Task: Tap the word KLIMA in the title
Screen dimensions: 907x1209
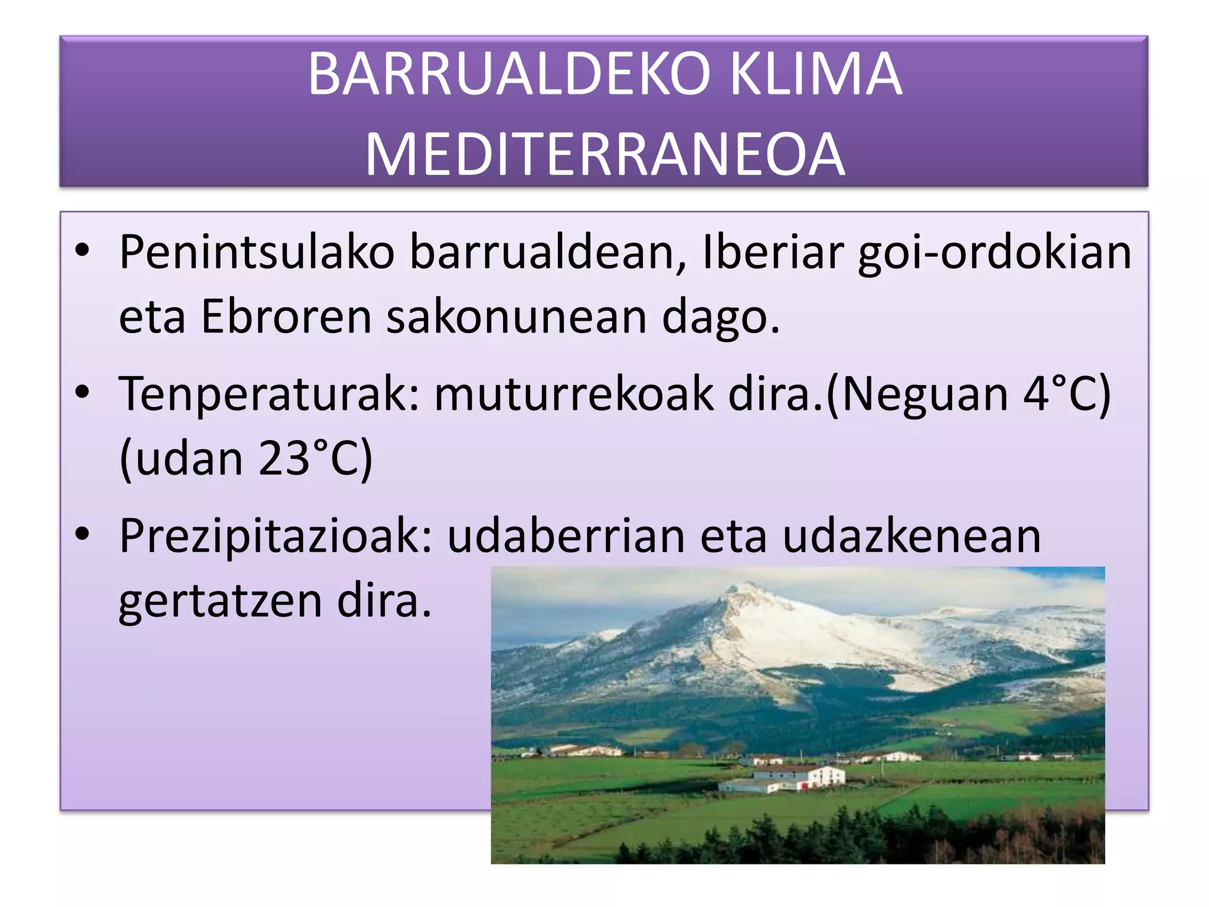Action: [816, 74]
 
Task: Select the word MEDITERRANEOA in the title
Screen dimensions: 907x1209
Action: [605, 155]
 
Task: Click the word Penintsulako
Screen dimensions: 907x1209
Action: [257, 253]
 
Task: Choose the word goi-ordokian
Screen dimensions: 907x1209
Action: [995, 253]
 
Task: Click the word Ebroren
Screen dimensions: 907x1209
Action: [287, 317]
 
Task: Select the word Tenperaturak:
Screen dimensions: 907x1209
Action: [269, 394]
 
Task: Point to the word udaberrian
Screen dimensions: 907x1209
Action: [566, 536]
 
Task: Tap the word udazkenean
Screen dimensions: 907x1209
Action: [911, 536]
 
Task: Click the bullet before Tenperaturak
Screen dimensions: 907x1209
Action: [82, 392]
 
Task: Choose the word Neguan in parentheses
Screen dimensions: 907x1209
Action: [924, 394]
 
